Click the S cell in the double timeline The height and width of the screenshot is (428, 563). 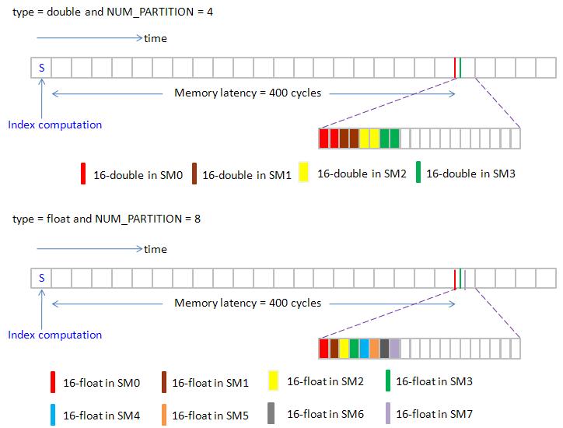click(41, 68)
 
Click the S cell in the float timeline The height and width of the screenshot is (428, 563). click(41, 278)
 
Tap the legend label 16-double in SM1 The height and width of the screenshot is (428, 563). click(247, 175)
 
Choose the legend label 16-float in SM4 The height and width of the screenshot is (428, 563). click(100, 416)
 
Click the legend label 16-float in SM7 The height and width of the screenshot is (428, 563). click(434, 414)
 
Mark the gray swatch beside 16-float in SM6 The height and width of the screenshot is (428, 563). click(271, 413)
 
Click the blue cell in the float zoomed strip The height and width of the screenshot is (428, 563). click(364, 348)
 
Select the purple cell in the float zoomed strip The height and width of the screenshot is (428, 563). click(394, 348)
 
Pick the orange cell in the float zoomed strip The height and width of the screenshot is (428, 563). click(374, 348)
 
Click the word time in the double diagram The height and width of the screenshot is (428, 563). click(156, 38)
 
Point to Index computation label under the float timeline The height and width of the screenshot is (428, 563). click(54, 335)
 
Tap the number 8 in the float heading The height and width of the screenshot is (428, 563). click(198, 219)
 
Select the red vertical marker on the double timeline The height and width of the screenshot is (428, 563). click(455, 68)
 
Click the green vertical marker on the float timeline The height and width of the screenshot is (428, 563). click(460, 278)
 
